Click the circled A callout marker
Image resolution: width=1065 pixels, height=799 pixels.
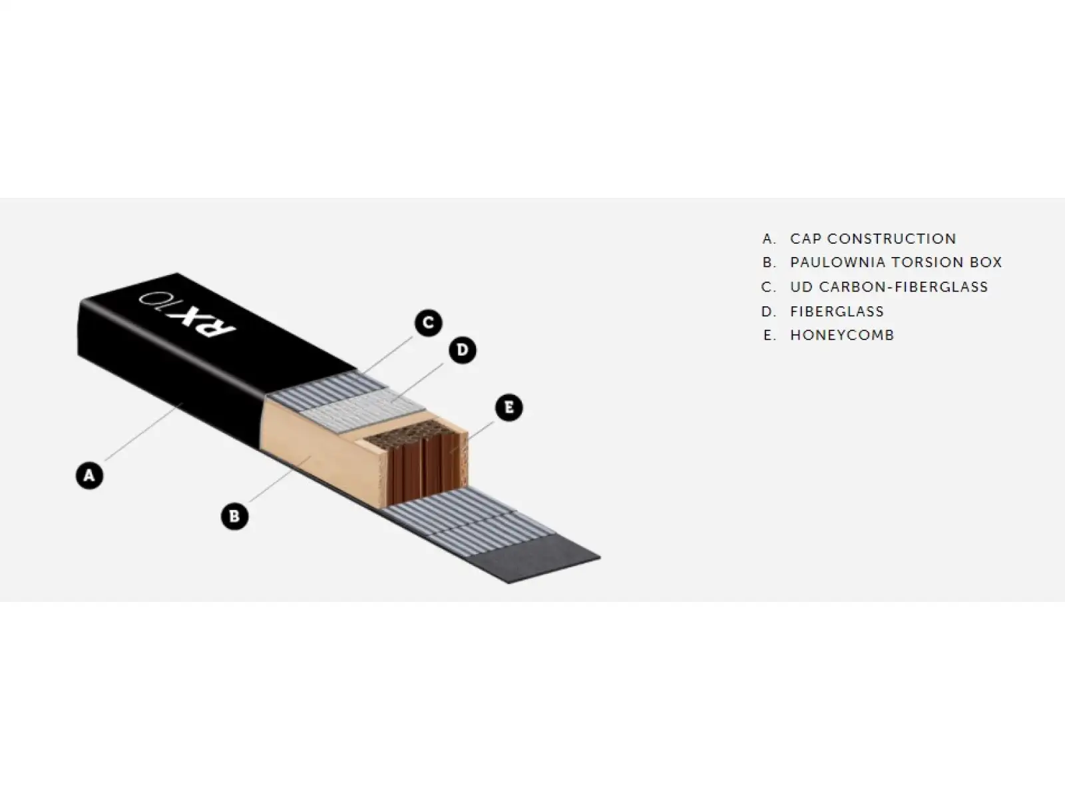89,475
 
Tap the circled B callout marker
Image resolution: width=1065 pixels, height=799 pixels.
234,515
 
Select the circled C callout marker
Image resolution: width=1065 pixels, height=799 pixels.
429,323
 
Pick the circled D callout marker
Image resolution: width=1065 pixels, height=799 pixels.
463,350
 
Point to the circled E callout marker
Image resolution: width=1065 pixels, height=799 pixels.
509,407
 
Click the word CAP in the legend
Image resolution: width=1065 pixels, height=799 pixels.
805,238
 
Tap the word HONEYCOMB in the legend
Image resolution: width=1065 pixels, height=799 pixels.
842,335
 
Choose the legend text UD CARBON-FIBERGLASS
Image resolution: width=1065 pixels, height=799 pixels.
889,287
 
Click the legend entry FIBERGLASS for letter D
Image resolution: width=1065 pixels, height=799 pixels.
837,311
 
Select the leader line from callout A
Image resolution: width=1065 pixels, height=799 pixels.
144,431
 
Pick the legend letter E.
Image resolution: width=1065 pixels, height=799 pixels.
769,335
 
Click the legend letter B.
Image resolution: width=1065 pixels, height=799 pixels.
769,262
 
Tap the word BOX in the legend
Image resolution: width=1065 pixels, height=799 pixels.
986,262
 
